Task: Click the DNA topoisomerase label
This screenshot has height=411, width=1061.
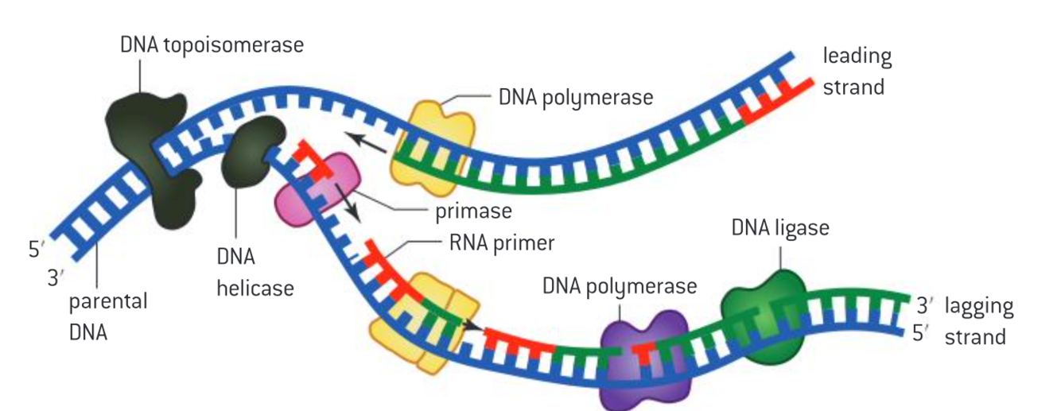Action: coord(212,45)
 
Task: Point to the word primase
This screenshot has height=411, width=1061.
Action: coord(472,212)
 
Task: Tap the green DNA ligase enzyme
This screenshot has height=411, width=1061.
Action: coord(764,318)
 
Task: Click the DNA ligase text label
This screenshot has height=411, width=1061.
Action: coord(779,227)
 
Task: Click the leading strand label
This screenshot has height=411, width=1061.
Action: coord(857,72)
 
